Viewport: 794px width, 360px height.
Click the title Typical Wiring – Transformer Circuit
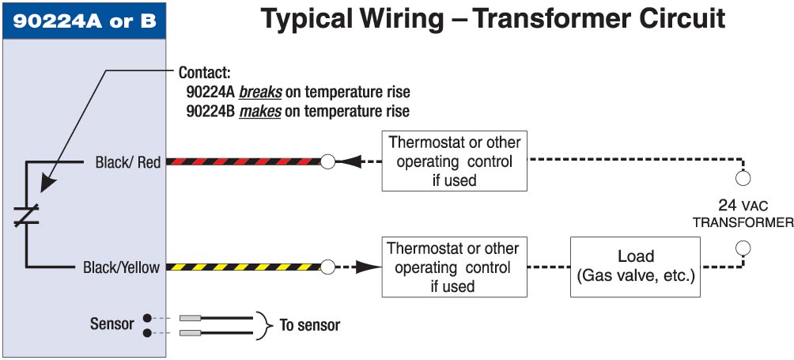[x=493, y=19]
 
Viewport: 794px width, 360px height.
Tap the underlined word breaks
[x=261, y=92]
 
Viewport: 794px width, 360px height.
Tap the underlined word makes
[x=261, y=111]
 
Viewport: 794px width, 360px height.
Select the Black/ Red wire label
[x=127, y=162]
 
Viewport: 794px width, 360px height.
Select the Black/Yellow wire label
[x=121, y=267]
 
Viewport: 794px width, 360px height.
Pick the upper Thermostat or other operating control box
[x=454, y=161]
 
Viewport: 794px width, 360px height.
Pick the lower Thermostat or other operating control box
[x=454, y=267]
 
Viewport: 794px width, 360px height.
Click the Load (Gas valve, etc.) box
[x=636, y=267]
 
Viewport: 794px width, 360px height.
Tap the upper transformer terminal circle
[x=743, y=177]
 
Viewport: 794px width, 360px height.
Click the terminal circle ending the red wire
[x=327, y=162]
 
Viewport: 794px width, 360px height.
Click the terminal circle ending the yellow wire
[x=327, y=267]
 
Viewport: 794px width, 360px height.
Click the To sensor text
[x=310, y=325]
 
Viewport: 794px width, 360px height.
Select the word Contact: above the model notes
[x=206, y=72]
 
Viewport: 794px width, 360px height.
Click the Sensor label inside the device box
[x=112, y=324]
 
